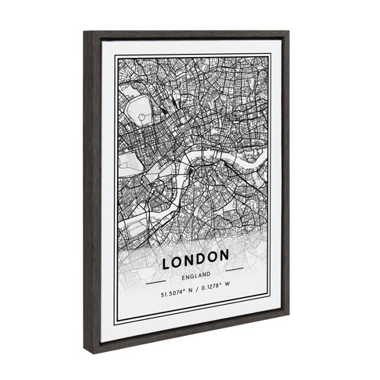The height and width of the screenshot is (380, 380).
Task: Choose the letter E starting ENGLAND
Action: pos(181,276)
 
